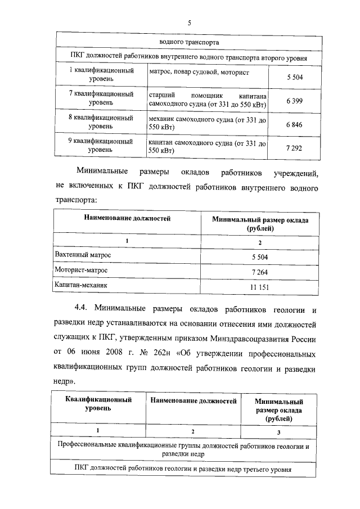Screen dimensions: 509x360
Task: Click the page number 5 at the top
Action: (x=190, y=22)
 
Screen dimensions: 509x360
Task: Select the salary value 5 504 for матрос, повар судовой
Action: (x=294, y=76)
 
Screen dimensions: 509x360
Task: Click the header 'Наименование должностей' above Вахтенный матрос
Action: (x=127, y=218)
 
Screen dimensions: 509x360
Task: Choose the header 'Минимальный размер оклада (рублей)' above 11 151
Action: (x=260, y=224)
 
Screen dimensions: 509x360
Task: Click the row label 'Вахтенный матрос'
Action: (x=83, y=255)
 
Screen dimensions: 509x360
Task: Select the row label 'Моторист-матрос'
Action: (x=80, y=271)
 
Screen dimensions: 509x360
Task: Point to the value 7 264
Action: (x=260, y=272)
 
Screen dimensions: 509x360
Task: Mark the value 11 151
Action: (x=260, y=287)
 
